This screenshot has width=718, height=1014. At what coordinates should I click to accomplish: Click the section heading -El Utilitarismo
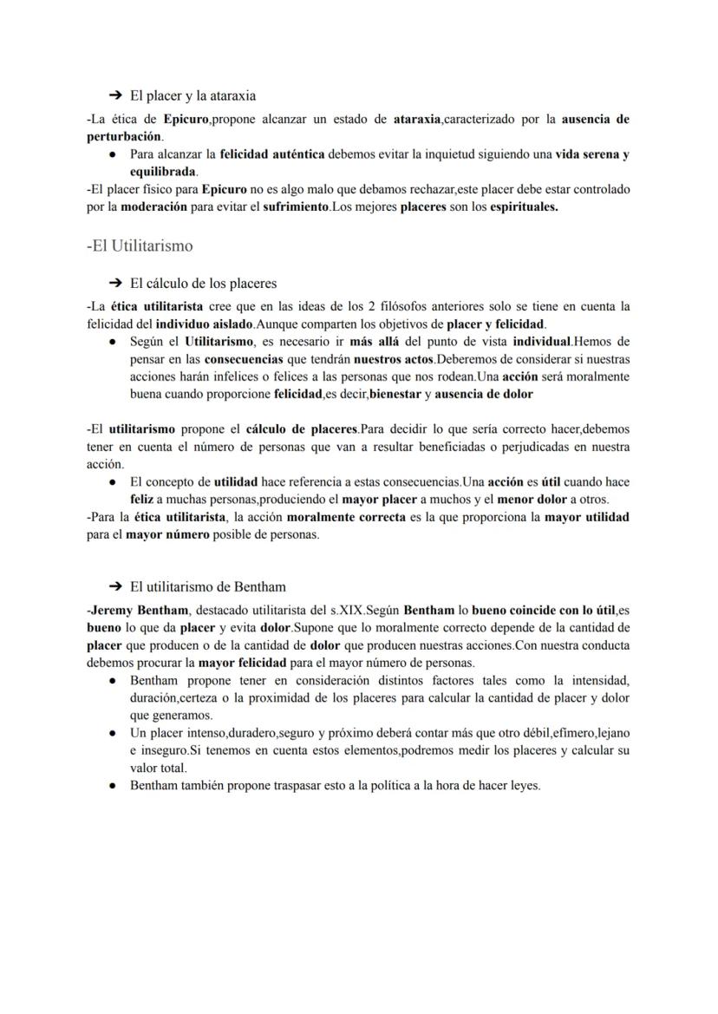click(x=140, y=245)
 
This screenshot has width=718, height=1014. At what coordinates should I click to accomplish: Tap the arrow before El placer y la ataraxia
click(x=115, y=95)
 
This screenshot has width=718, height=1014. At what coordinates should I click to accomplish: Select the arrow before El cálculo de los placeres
click(x=115, y=283)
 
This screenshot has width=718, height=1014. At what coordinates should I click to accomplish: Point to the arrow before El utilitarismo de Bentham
click(x=115, y=586)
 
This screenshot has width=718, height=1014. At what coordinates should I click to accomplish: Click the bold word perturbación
click(x=124, y=137)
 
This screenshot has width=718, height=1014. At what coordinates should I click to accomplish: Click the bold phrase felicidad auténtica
click(x=271, y=154)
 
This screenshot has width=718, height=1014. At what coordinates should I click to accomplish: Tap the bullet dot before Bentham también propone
click(x=114, y=786)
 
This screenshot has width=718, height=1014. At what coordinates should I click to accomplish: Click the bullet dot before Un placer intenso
click(x=114, y=733)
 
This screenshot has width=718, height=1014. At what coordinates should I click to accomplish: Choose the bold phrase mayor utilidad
click(x=586, y=517)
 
